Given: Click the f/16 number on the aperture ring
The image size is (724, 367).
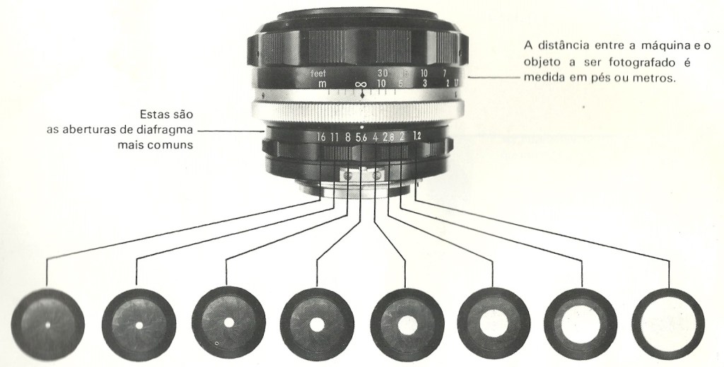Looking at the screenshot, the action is point(322,136).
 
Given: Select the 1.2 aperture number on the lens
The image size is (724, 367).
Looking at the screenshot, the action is point(417,136).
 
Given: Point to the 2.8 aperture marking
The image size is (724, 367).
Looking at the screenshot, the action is point(388,136).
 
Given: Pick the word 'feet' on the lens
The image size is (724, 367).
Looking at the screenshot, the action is point(318,74).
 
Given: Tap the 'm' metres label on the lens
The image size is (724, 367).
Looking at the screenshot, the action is point(322,84).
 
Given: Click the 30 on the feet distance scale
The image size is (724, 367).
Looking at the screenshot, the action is point(383,73).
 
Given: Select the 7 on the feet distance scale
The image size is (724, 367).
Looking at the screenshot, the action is point(444,73).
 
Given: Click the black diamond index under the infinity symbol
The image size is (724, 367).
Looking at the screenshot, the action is point(363,95).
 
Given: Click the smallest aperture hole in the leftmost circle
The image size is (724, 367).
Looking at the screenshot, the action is point(47,325).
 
